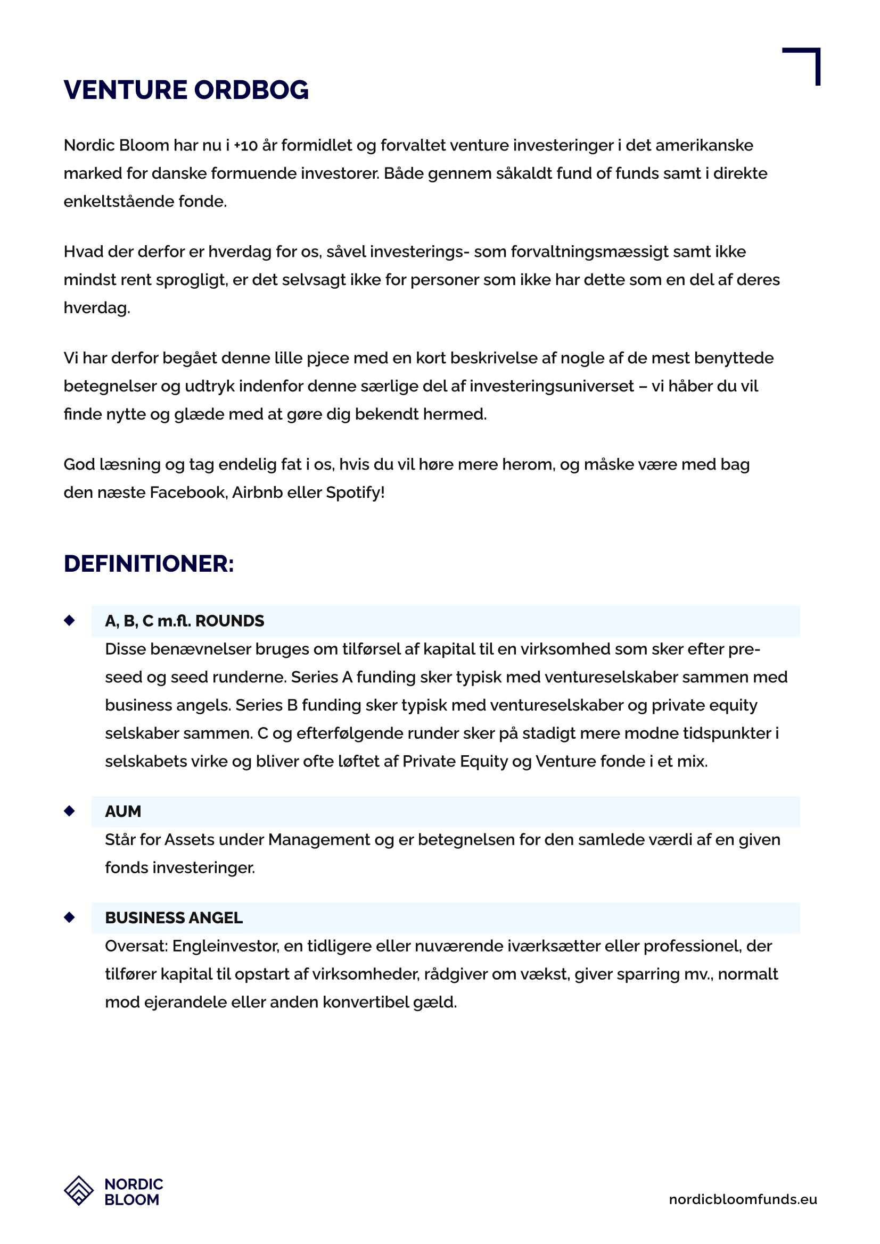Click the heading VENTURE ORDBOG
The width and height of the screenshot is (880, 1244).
(186, 90)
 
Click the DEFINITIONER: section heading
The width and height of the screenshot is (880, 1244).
(149, 563)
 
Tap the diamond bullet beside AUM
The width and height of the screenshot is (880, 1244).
(69, 811)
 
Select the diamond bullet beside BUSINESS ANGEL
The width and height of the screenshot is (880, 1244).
(69, 917)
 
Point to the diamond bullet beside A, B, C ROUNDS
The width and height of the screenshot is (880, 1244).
(69, 620)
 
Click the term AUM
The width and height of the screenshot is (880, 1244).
(123, 811)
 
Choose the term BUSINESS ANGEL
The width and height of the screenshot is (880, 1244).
(174, 917)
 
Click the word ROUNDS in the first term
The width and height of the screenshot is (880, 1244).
(229, 621)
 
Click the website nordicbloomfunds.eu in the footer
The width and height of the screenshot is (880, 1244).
(743, 1199)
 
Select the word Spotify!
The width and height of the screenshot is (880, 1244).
(355, 492)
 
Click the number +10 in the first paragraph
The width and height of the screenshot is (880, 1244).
(245, 146)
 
